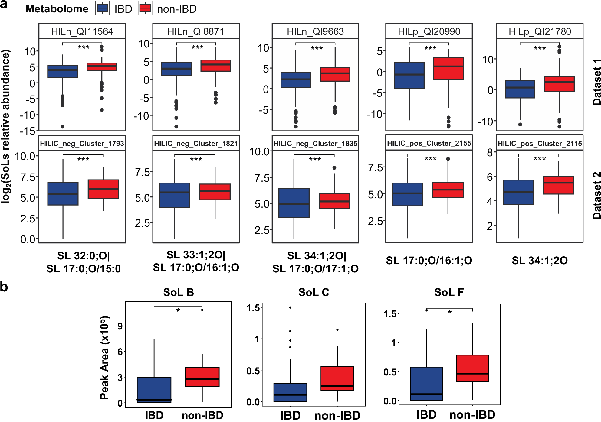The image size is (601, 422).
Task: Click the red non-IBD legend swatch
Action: coord(145,8)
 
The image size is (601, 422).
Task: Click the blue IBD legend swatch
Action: coord(103,8)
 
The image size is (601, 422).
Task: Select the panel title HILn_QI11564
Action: coord(82,31)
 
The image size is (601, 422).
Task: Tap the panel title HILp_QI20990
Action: coord(429,31)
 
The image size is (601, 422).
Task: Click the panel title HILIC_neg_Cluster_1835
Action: coord(315,144)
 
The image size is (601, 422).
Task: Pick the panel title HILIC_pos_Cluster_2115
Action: coord(540,144)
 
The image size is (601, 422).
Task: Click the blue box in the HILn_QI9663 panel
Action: coord(296,80)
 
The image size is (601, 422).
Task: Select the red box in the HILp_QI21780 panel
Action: coord(559,84)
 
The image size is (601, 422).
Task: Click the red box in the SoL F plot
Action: coord(472,368)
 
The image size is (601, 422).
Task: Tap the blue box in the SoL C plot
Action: coord(290,392)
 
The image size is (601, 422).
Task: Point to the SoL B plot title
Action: coord(178,292)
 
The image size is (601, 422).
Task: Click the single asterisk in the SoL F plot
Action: coord(450,312)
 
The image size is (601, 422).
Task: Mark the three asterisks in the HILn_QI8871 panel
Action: coord(197,47)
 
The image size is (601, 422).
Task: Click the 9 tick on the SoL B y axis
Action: coord(120,326)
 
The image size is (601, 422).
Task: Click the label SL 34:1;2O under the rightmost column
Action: coord(540,261)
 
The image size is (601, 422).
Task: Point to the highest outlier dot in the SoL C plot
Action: coord(290,307)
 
